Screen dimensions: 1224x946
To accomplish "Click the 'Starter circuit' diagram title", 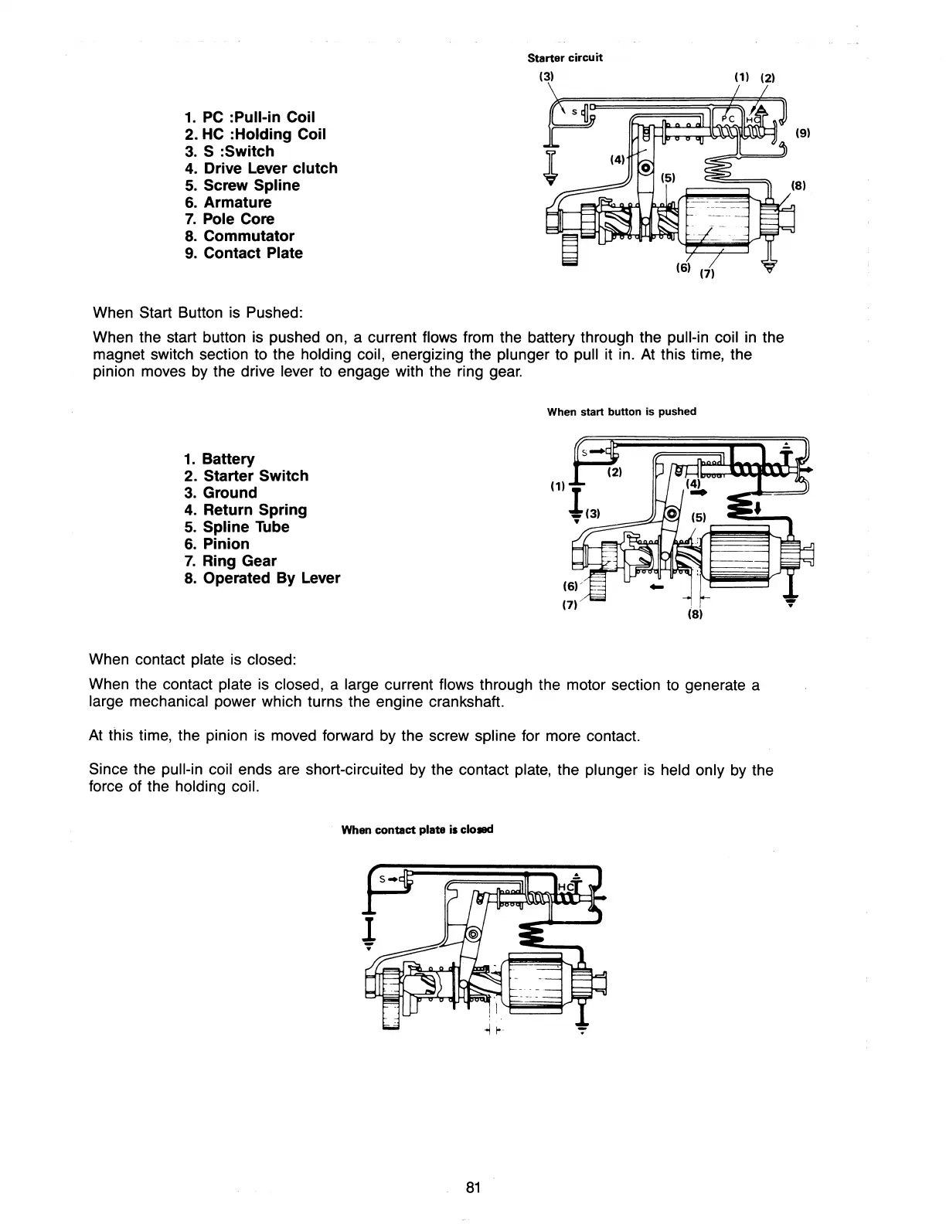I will [x=564, y=58].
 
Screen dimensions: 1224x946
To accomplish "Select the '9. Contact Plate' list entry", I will [x=243, y=253].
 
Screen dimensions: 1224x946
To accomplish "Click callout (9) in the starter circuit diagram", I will [x=803, y=133].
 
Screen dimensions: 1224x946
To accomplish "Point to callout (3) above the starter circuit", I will [x=546, y=77].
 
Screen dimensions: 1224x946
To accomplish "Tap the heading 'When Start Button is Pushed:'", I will [x=197, y=313].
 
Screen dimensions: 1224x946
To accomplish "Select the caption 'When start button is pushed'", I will [x=621, y=412].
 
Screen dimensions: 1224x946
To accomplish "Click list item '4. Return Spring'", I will [x=246, y=510].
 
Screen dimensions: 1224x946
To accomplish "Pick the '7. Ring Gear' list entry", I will [x=230, y=561].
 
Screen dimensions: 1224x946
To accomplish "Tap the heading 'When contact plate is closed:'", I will [x=192, y=660].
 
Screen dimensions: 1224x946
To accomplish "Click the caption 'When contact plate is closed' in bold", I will [x=417, y=830].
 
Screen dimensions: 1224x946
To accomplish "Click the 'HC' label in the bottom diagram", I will [x=565, y=886].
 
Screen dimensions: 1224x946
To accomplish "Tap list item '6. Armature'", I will [x=228, y=202].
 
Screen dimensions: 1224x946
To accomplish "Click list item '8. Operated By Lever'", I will [x=262, y=578].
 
